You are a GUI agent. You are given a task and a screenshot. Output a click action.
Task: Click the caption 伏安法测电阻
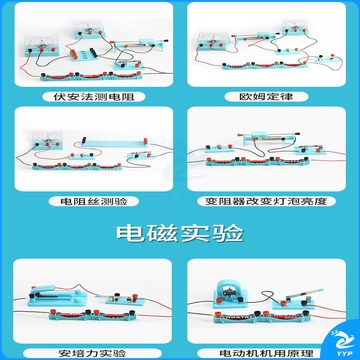94,97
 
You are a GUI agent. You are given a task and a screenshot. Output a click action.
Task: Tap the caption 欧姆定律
266,97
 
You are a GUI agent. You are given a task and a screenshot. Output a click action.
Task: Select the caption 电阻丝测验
94,201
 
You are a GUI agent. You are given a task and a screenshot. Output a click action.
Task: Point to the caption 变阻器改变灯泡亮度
266,201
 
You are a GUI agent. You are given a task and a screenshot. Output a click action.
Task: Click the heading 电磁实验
180,234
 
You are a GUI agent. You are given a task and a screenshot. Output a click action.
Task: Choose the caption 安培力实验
92,353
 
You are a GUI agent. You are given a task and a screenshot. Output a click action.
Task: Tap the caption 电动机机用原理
266,353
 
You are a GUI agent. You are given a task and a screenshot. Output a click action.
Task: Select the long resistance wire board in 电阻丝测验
115,142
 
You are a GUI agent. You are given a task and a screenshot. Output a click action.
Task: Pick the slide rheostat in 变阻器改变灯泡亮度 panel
268,137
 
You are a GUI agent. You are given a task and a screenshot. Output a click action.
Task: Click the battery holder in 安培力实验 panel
93,315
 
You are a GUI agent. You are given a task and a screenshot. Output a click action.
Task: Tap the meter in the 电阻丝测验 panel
47,141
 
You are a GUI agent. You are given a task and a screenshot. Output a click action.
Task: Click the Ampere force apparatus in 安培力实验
57,295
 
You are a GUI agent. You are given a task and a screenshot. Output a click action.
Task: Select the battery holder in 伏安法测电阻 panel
91,76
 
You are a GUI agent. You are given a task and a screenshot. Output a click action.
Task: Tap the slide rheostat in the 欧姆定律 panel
257,36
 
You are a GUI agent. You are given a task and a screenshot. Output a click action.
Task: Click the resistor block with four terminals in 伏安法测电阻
83,54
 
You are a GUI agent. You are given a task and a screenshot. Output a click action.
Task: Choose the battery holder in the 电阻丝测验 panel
77,166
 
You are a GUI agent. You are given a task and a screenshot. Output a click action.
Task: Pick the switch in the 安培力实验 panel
127,299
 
